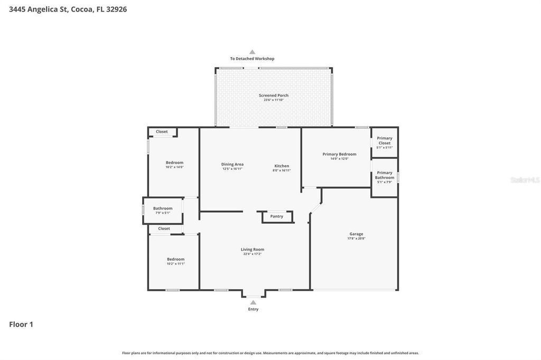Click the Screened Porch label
click(274, 96)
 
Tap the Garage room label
click(356, 234)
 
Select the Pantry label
click(276, 216)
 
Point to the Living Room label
click(253, 249)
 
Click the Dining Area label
click(232, 164)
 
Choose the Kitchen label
click(282, 166)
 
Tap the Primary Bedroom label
click(339, 154)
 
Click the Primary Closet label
click(385, 140)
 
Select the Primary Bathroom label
click(385, 175)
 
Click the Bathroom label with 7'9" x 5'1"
click(163, 209)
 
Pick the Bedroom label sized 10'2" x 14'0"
click(174, 163)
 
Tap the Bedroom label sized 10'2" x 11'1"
click(176, 259)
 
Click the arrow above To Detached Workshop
click(253, 52)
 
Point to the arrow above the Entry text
click(253, 302)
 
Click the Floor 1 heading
click(21, 325)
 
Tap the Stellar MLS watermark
click(525, 180)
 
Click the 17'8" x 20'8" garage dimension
click(356, 239)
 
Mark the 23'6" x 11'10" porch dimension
click(274, 100)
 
